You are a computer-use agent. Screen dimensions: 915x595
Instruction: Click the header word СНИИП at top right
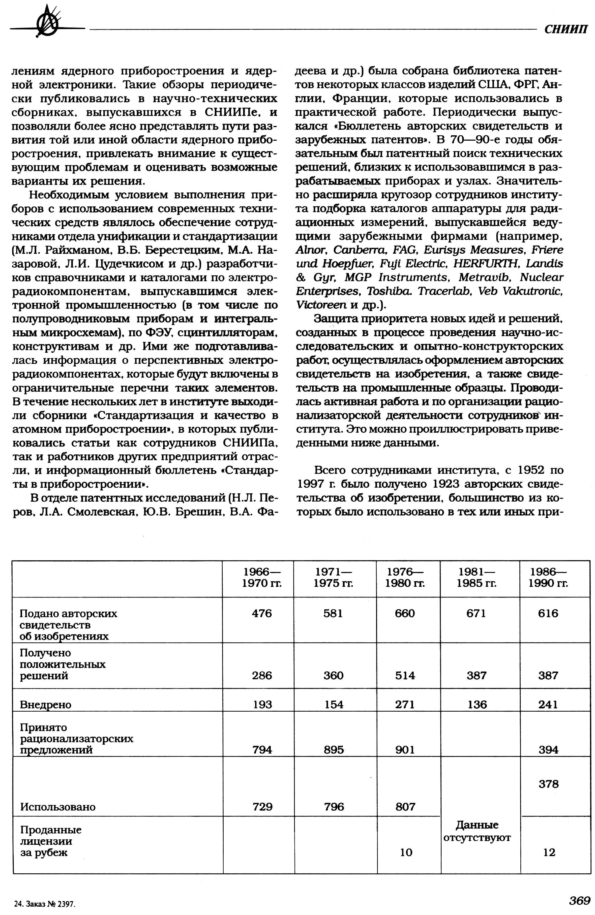[566, 30]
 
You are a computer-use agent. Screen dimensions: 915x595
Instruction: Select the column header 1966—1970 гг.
[262, 577]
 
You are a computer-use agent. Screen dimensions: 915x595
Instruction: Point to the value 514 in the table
[405, 675]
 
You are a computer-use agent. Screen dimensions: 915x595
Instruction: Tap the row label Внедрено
[45, 704]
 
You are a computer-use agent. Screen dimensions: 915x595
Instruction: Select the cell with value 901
[405, 749]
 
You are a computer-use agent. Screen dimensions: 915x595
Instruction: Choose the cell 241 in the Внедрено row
[548, 704]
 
